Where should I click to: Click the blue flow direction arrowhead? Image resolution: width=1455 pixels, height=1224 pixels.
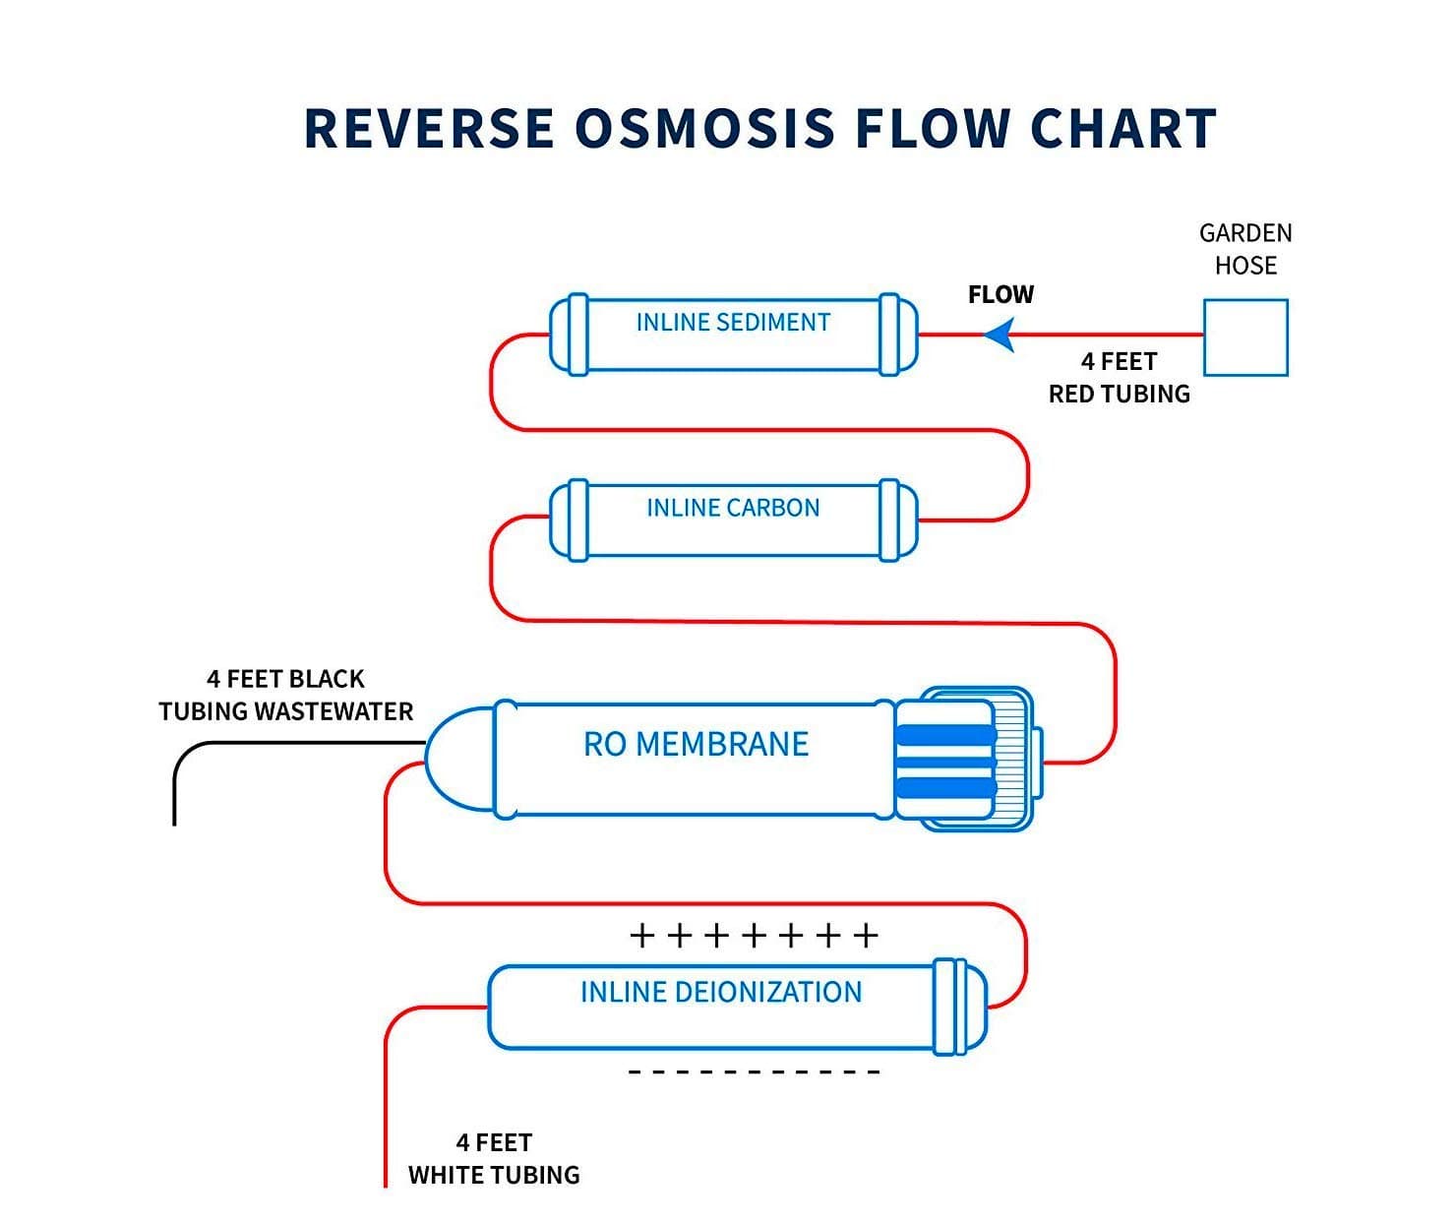999,335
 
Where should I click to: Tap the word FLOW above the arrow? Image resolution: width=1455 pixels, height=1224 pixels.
1000,294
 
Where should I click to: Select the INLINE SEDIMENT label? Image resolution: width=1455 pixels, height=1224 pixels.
733,322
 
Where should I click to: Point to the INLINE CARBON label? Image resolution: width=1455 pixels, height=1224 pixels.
733,508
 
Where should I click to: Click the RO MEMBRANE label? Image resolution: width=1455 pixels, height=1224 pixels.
697,744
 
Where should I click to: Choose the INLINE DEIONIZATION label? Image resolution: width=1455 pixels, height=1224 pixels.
721,992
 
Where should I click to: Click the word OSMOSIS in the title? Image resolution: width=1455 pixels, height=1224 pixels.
704,128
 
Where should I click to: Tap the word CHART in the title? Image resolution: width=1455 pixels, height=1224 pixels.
1123,128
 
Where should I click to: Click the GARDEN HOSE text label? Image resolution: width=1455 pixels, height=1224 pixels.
1245,249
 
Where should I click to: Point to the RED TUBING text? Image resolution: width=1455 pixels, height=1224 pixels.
1120,394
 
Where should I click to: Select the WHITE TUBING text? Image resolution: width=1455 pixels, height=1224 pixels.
494,1175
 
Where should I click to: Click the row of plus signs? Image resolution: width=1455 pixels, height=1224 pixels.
754,936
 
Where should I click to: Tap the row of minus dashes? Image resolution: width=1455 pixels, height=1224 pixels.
754,1072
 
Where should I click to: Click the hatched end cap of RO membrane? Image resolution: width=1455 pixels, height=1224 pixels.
1011,759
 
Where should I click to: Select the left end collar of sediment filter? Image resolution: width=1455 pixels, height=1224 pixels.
578,335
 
